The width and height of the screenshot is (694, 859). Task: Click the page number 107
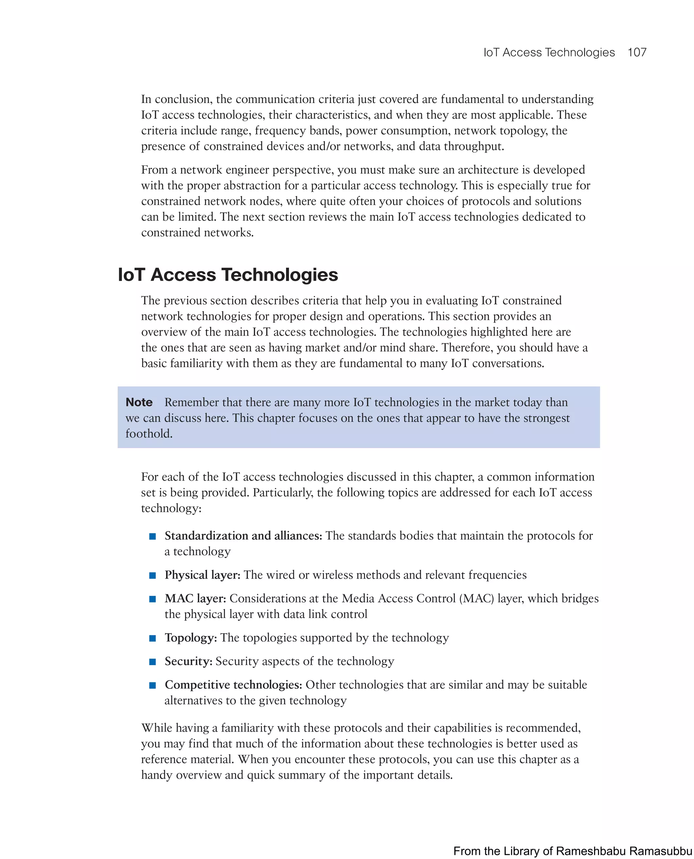point(637,53)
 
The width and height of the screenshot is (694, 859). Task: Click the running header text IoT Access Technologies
point(549,53)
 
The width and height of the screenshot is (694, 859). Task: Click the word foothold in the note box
point(149,434)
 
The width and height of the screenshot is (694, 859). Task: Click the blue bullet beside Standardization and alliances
point(152,536)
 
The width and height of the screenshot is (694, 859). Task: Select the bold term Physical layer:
point(202,575)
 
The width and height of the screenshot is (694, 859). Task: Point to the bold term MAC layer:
point(195,598)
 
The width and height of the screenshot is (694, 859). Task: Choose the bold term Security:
point(188,661)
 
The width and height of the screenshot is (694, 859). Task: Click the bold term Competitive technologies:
point(233,685)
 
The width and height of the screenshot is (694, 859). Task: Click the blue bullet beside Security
point(152,662)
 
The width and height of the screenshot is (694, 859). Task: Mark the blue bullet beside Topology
point(152,638)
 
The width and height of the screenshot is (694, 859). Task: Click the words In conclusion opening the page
point(176,99)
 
